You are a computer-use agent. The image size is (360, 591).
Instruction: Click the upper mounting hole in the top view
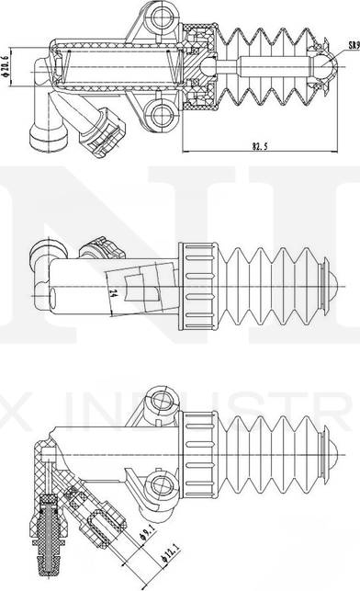pos(163,16)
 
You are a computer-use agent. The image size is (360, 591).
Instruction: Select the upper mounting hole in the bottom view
pos(163,400)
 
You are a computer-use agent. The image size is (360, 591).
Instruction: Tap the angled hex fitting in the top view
pos(103,133)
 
